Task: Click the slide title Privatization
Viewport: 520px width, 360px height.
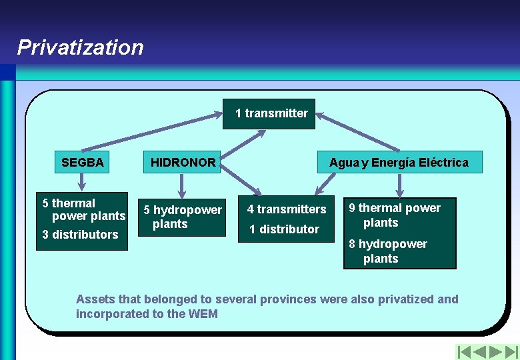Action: coord(80,47)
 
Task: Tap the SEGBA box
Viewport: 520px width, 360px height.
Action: coord(82,162)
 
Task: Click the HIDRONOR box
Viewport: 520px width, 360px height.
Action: coord(183,162)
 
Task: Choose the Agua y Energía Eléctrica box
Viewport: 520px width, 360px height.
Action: coord(399,163)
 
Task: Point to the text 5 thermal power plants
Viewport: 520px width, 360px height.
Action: coord(83,209)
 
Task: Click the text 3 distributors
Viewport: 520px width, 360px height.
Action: coord(80,235)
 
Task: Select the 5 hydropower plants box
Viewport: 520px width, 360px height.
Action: coord(183,217)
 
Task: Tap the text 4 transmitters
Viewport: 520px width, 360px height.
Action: coord(287,209)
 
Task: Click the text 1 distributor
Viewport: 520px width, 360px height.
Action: coord(284,229)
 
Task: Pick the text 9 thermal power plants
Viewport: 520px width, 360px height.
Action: coord(395,215)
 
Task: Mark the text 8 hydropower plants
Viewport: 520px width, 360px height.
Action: coord(388,251)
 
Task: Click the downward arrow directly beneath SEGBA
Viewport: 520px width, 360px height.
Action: coord(81,181)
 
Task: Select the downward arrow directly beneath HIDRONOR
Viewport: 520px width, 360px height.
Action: coord(181,185)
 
